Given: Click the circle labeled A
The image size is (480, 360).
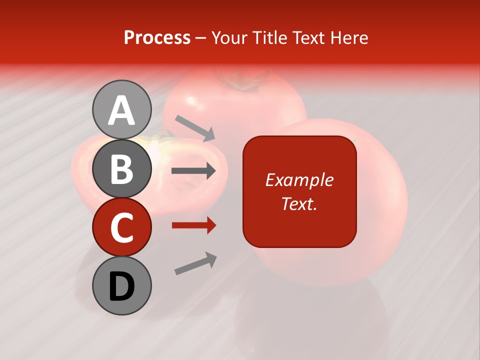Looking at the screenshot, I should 121,109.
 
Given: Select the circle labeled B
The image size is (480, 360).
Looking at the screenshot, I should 121,168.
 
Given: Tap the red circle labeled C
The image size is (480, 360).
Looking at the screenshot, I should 121,227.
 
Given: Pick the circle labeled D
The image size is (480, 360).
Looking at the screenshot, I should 121,285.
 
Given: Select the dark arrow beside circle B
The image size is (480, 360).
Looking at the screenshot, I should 194,171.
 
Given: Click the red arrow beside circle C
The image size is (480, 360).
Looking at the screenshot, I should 194,225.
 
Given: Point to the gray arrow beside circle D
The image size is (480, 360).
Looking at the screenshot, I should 195,263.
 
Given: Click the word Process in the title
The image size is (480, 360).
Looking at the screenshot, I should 157,37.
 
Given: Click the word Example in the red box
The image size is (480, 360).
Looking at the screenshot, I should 299,180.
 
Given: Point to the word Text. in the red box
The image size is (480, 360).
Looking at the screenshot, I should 299,203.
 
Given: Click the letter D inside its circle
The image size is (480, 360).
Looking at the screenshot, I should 121,286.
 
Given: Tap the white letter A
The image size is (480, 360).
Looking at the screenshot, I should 121,110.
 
